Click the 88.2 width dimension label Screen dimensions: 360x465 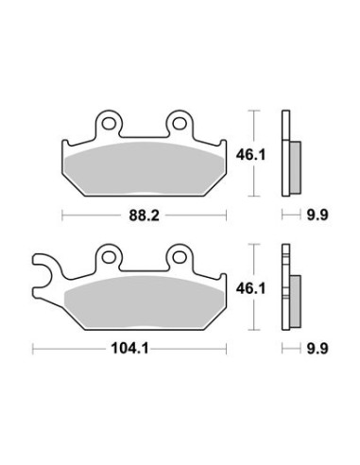pos(144,215)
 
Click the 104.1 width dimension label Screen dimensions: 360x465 pos(129,349)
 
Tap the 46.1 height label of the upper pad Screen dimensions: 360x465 pos(250,155)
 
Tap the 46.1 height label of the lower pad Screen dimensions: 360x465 pos(250,288)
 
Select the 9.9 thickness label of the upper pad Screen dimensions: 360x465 pos(317,215)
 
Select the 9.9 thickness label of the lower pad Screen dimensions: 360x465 pos(317,349)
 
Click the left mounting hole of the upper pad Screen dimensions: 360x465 pos(109,123)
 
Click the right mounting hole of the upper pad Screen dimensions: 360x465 pos(180,123)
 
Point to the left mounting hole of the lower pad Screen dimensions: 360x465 pos(109,257)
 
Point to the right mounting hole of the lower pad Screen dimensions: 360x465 pos(180,257)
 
